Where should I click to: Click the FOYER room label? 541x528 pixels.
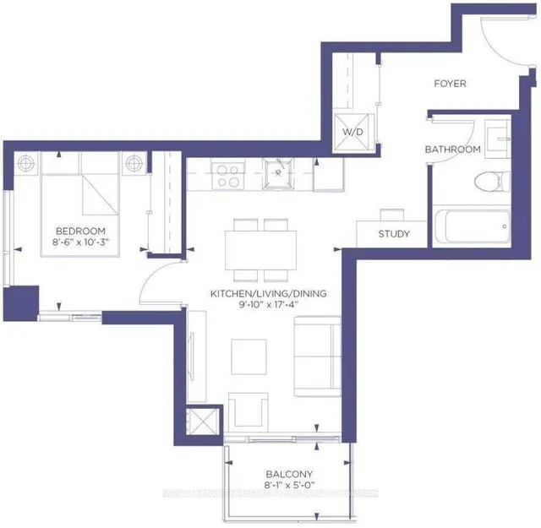click(x=450, y=84)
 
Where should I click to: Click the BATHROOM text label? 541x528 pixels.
click(x=453, y=150)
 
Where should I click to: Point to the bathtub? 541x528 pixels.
click(x=471, y=226)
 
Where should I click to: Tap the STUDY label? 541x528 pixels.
click(x=394, y=234)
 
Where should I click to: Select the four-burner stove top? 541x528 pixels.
click(x=227, y=175)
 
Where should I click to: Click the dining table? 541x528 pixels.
click(x=261, y=250)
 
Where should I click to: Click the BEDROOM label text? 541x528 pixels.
click(x=80, y=231)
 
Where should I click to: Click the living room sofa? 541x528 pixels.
click(x=316, y=356)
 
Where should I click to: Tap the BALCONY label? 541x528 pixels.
click(x=288, y=474)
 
